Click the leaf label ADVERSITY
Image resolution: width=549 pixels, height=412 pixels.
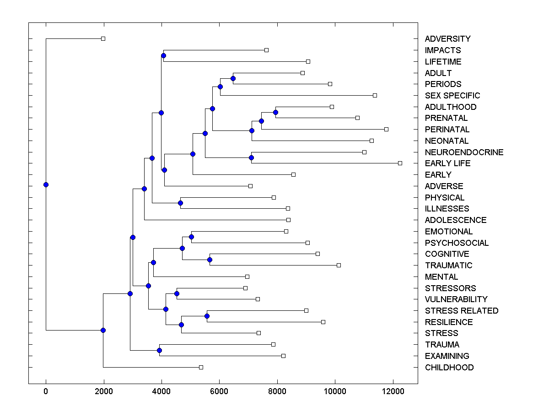[447, 39]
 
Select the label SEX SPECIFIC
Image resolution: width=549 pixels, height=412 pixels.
[452, 96]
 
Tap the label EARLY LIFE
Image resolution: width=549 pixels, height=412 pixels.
[447, 163]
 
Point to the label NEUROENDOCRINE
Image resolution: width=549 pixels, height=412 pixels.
[464, 152]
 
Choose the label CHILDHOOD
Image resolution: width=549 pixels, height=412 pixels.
[449, 368]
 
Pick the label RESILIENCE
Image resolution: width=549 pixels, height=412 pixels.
[449, 322]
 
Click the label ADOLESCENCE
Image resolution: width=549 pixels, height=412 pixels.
[456, 220]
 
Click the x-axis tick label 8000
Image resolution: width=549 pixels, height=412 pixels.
[277, 391]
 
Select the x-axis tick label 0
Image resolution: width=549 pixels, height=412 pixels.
[46, 391]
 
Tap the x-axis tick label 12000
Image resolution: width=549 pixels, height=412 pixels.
[393, 391]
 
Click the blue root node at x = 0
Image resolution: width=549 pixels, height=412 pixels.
[46, 184]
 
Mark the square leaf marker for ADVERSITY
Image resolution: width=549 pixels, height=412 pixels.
[103, 39]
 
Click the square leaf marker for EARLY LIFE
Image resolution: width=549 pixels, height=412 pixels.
[400, 163]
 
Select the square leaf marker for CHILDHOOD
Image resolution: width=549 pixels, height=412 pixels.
[201, 367]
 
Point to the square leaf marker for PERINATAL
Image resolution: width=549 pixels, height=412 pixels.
[386, 129]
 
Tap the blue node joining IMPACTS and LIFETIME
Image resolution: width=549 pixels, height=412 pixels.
[163, 56]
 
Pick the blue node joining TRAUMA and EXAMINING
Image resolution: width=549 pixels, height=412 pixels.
[159, 350]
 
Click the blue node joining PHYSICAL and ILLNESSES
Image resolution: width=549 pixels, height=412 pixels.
[180, 203]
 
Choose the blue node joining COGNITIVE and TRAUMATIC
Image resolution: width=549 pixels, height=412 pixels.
[210, 260]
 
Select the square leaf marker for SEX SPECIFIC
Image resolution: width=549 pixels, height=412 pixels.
[375, 95]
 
